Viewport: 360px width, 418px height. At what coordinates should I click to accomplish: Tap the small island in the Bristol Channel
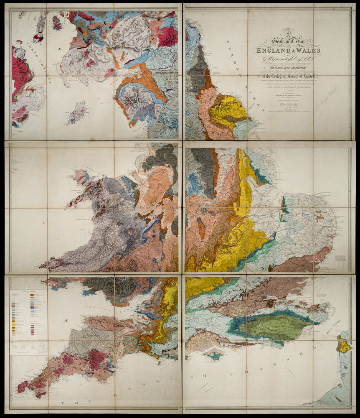pyautogui.click(x=66, y=320)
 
